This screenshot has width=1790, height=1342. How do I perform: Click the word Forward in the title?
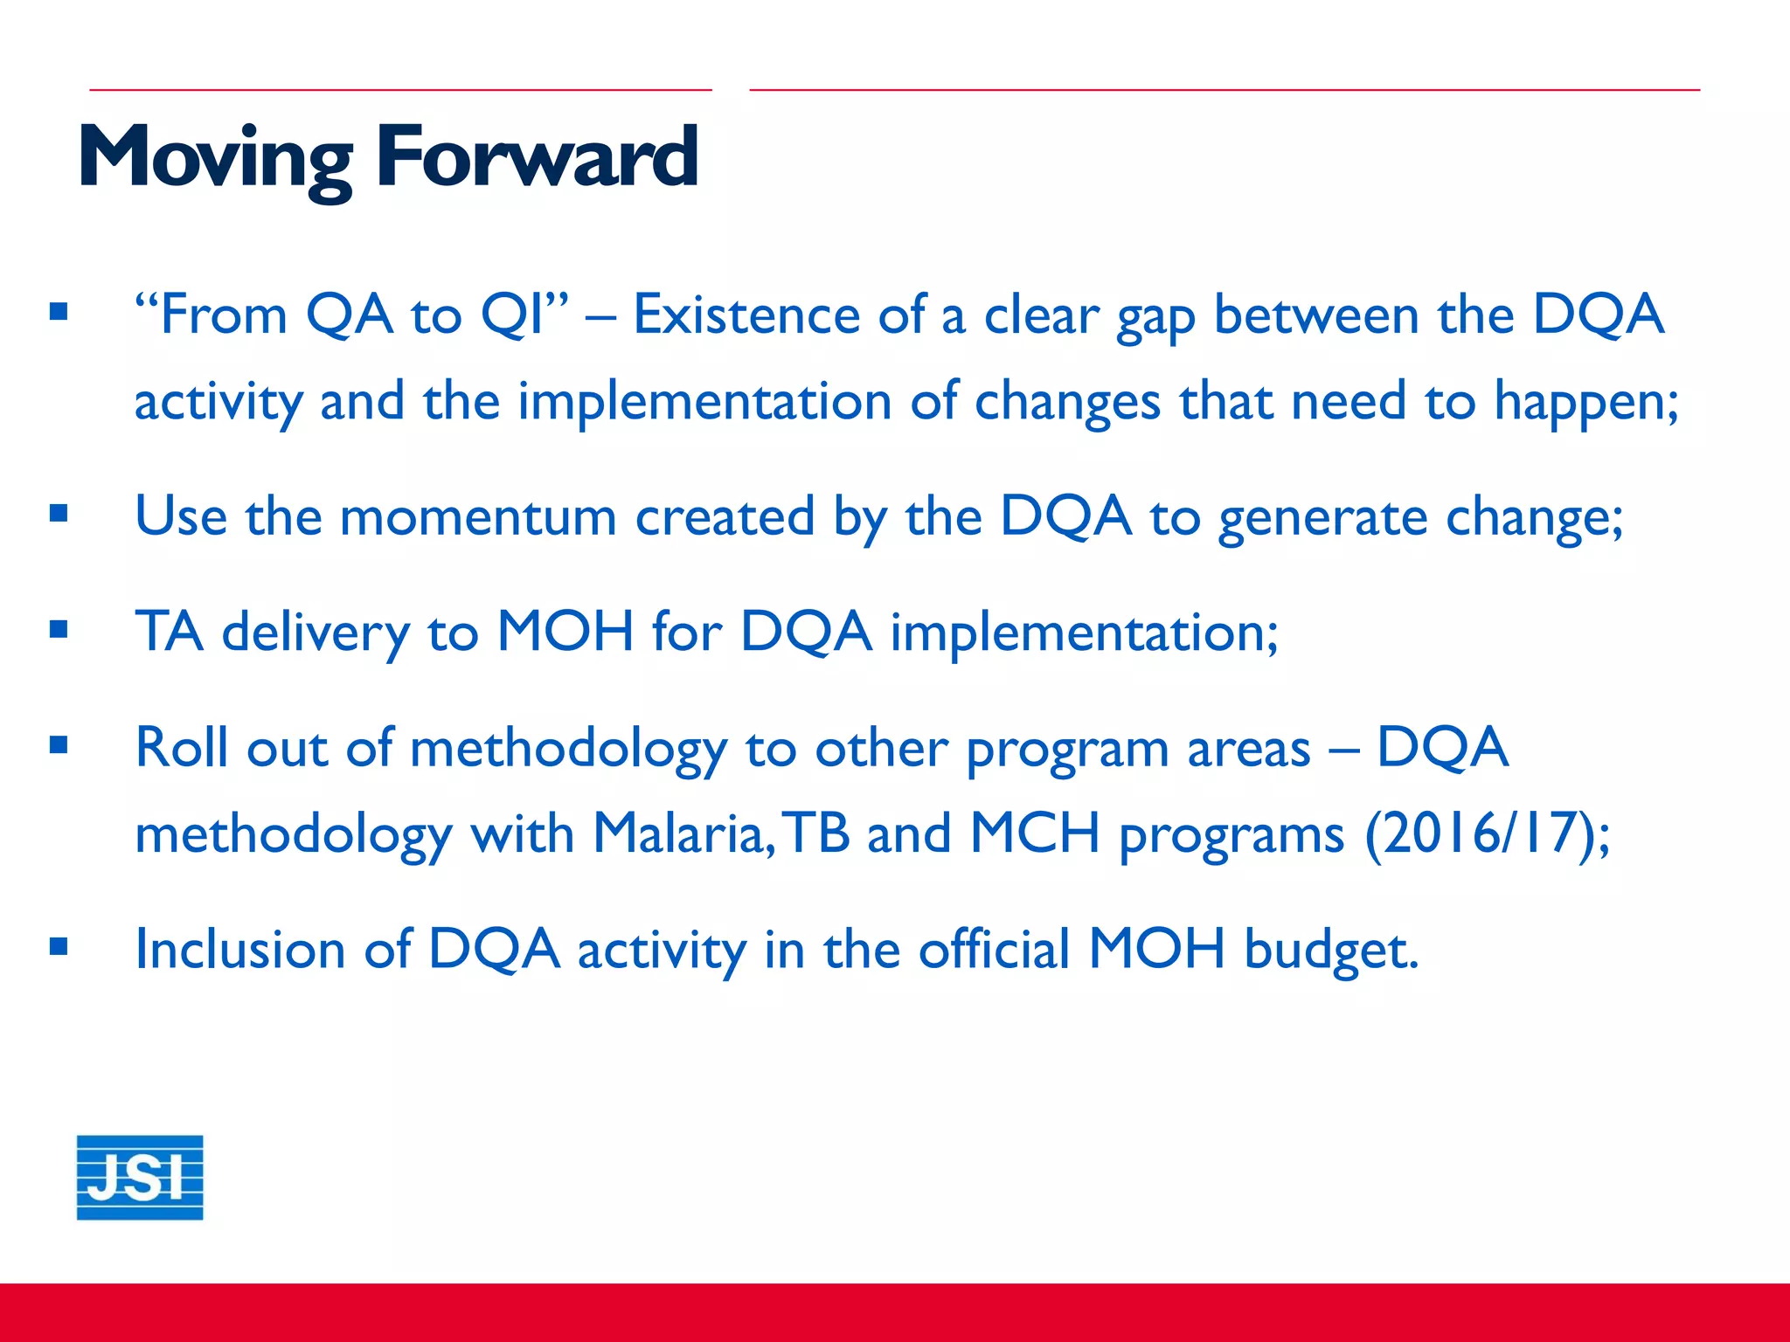pyautogui.click(x=537, y=157)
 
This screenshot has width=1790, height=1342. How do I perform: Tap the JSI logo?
pyautogui.click(x=140, y=1177)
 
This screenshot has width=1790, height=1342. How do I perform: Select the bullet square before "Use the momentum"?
pyautogui.click(x=59, y=513)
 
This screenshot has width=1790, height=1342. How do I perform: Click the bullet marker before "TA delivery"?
pyautogui.click(x=59, y=629)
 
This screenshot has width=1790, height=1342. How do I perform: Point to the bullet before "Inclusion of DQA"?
pyautogui.click(x=59, y=946)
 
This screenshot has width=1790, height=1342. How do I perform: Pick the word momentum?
pyautogui.click(x=477, y=516)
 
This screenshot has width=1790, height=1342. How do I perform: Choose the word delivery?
pyautogui.click(x=315, y=633)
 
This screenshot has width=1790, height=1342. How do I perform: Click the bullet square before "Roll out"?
pyautogui.click(x=59, y=745)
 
